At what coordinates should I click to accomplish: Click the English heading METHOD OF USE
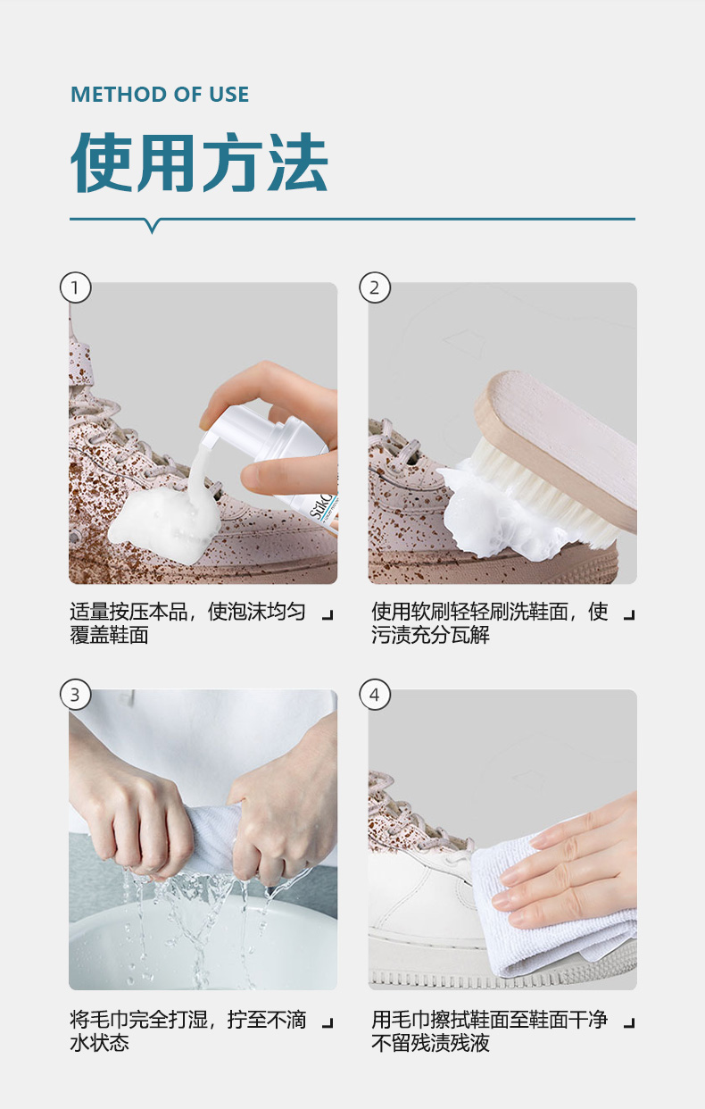pyautogui.click(x=160, y=95)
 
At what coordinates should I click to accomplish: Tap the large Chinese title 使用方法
pyautogui.click(x=199, y=163)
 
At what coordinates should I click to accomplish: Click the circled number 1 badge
pyautogui.click(x=76, y=288)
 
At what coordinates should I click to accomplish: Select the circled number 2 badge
pyautogui.click(x=375, y=288)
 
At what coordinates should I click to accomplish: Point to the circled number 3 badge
pyautogui.click(x=76, y=695)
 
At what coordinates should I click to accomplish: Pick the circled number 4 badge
pyautogui.click(x=375, y=695)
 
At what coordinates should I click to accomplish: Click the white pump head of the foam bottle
pyautogui.click(x=228, y=425)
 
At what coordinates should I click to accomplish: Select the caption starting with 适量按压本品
pyautogui.click(x=188, y=623)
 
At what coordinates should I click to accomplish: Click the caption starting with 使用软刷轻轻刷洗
pyautogui.click(x=490, y=623)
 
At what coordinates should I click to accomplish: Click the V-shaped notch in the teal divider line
pyautogui.click(x=153, y=226)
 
